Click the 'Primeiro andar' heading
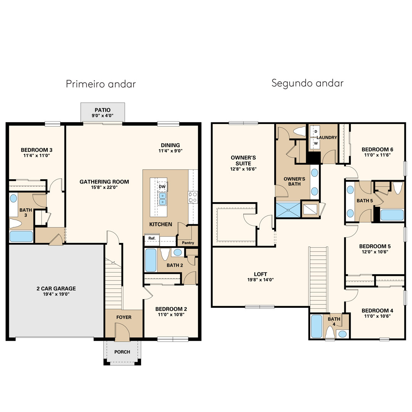(x=101, y=84)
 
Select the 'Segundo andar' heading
(x=307, y=83)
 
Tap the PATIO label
(x=103, y=110)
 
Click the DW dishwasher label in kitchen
(x=162, y=187)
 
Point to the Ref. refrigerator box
(x=152, y=238)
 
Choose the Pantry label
(x=188, y=243)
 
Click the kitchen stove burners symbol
(x=193, y=197)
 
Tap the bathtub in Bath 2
(x=151, y=260)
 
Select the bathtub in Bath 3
(x=21, y=236)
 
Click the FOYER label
(x=124, y=317)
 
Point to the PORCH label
(x=122, y=352)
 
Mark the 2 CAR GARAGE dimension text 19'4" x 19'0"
(x=56, y=294)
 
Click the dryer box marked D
(x=315, y=131)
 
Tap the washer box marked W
(x=315, y=143)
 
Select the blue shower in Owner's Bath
(x=288, y=210)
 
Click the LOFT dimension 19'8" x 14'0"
(x=261, y=280)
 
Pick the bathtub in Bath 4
(x=316, y=326)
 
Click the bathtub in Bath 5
(x=392, y=215)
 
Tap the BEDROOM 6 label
(x=377, y=150)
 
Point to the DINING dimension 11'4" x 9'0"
(x=171, y=151)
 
